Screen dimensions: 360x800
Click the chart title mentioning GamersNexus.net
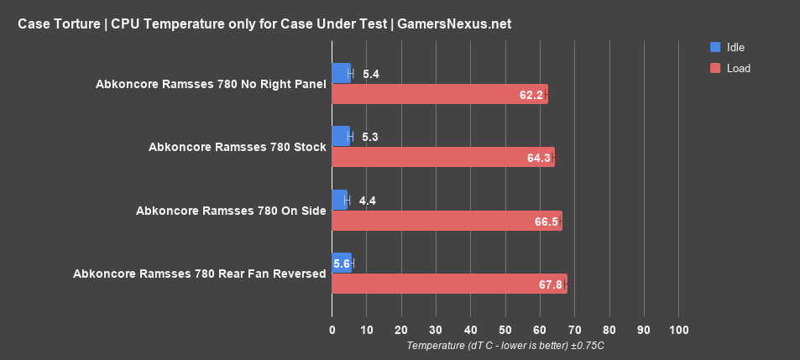[264, 24]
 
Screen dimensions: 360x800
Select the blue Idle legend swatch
[715, 47]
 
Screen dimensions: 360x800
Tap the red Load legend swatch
[715, 68]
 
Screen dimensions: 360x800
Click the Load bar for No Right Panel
[439, 94]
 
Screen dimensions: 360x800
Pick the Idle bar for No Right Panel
[341, 73]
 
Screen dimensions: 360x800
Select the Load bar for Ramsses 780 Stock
[442, 157]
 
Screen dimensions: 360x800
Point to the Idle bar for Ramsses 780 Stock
[341, 136]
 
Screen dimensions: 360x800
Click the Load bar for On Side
[447, 221]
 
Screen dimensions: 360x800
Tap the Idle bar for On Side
[339, 200]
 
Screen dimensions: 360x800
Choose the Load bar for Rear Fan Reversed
[449, 284]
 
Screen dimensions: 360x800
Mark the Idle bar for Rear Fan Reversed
[342, 263]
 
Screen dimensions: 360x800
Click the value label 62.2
[531, 95]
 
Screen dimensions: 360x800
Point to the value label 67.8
[551, 284]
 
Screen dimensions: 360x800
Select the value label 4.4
[368, 201]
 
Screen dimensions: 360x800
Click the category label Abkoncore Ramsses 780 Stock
[237, 147]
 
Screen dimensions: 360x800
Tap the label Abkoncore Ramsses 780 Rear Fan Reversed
[199, 274]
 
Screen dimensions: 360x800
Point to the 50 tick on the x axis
[505, 329]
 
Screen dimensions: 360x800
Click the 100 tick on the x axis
[678, 329]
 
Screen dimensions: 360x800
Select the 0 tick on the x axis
[332, 329]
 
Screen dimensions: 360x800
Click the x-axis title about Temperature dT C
[505, 346]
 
